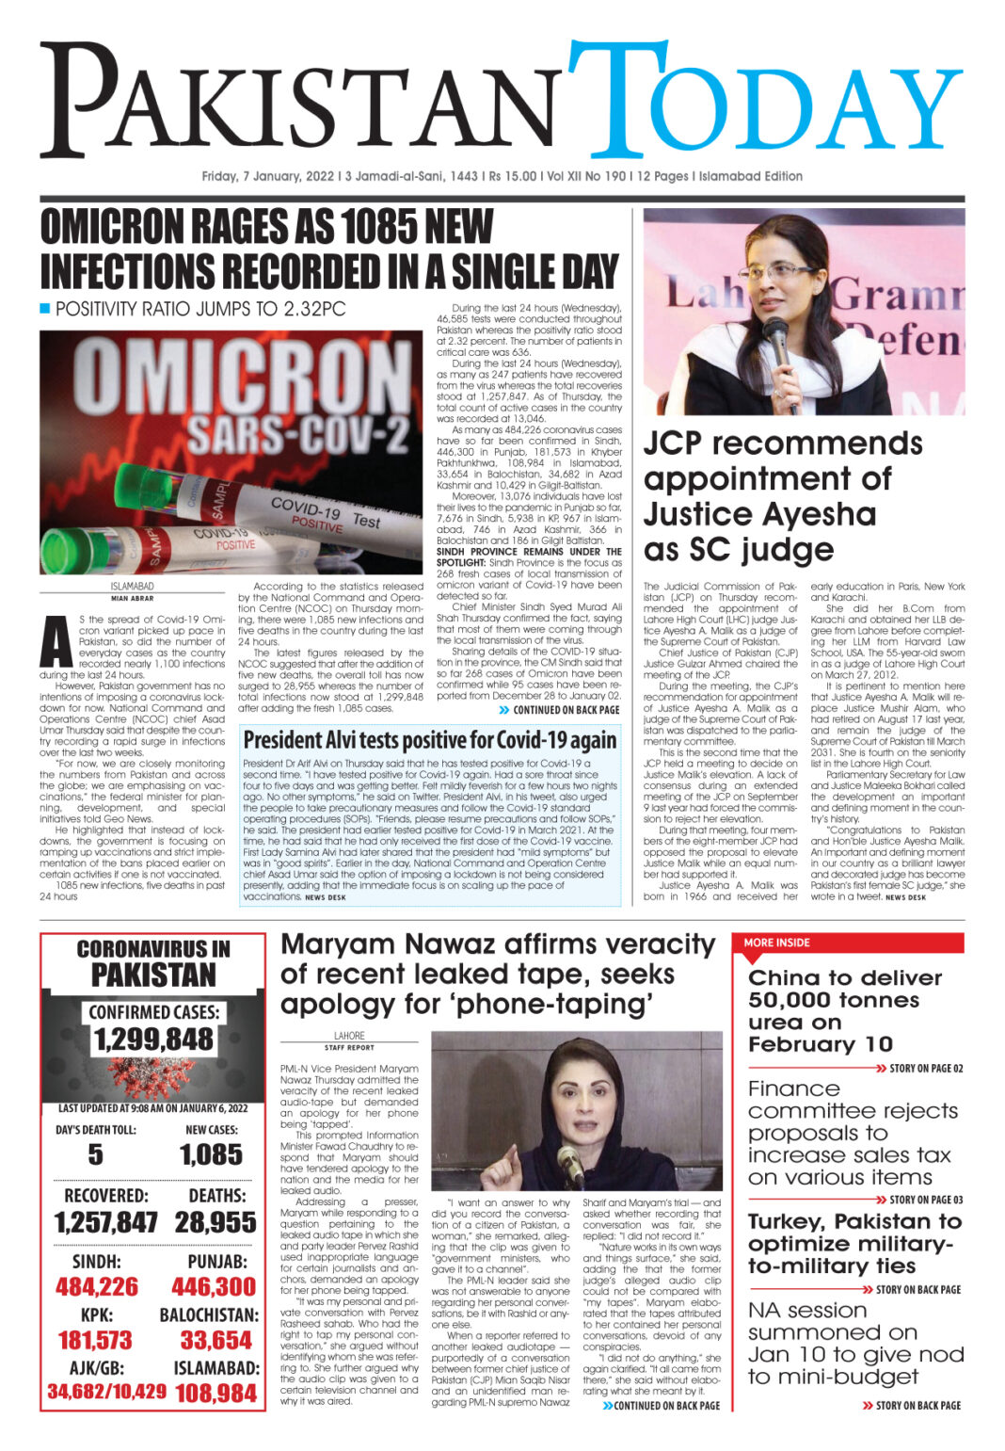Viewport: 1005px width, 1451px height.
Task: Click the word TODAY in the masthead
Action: tap(764, 102)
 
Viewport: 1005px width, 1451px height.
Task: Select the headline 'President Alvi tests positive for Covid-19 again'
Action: tap(430, 739)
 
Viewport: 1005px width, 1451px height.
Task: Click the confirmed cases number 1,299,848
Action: tap(153, 1040)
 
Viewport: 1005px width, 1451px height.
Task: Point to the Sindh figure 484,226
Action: tap(97, 1286)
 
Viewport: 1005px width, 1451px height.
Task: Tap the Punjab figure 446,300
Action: tap(214, 1286)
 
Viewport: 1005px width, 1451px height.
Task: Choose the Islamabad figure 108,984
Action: tap(215, 1393)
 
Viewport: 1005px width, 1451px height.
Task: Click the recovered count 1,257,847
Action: tap(105, 1222)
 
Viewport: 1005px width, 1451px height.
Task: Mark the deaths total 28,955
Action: tap(215, 1222)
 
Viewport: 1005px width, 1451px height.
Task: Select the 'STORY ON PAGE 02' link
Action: tap(926, 1069)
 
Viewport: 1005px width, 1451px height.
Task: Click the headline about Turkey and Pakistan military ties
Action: tap(854, 1243)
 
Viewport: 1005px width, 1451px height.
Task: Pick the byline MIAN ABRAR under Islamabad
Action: tap(132, 598)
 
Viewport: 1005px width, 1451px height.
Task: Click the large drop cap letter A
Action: tap(57, 645)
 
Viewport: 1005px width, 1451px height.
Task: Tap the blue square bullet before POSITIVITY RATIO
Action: tap(45, 309)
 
